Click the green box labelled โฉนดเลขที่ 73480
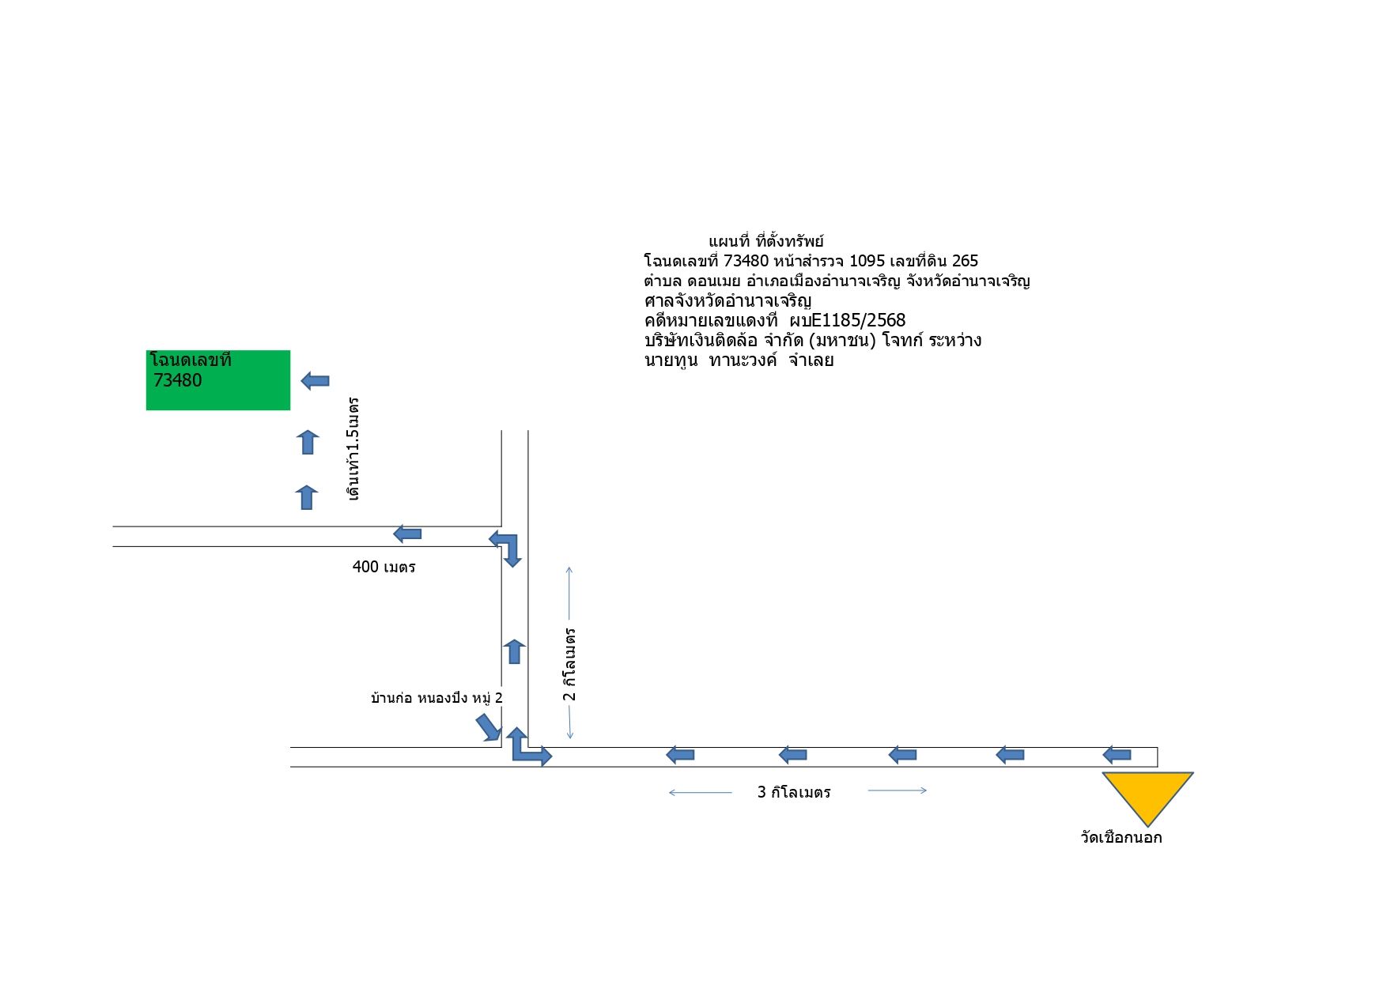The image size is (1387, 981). tap(218, 380)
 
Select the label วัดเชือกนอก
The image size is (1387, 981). tap(1121, 837)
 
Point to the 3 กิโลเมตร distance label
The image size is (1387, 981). tap(794, 792)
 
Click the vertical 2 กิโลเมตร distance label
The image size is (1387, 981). tap(569, 665)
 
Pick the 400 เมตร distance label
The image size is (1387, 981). tap(384, 567)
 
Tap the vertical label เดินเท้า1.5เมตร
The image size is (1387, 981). tap(353, 448)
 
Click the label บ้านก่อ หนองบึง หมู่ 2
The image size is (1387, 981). tap(437, 698)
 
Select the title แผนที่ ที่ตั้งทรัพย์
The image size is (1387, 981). tap(766, 241)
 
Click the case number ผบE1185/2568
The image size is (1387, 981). tap(848, 320)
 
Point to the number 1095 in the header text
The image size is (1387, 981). tap(867, 261)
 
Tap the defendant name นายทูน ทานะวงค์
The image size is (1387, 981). tap(711, 360)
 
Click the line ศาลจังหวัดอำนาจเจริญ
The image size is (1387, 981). tap(728, 301)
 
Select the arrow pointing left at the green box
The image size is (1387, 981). tap(316, 381)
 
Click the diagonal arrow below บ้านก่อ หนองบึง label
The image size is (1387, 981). tap(489, 728)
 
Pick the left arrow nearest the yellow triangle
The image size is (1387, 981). tap(1117, 755)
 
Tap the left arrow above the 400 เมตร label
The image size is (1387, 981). tap(407, 534)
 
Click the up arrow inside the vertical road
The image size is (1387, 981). tap(514, 651)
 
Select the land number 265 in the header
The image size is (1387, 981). tap(965, 261)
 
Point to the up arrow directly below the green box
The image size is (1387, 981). tap(308, 442)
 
